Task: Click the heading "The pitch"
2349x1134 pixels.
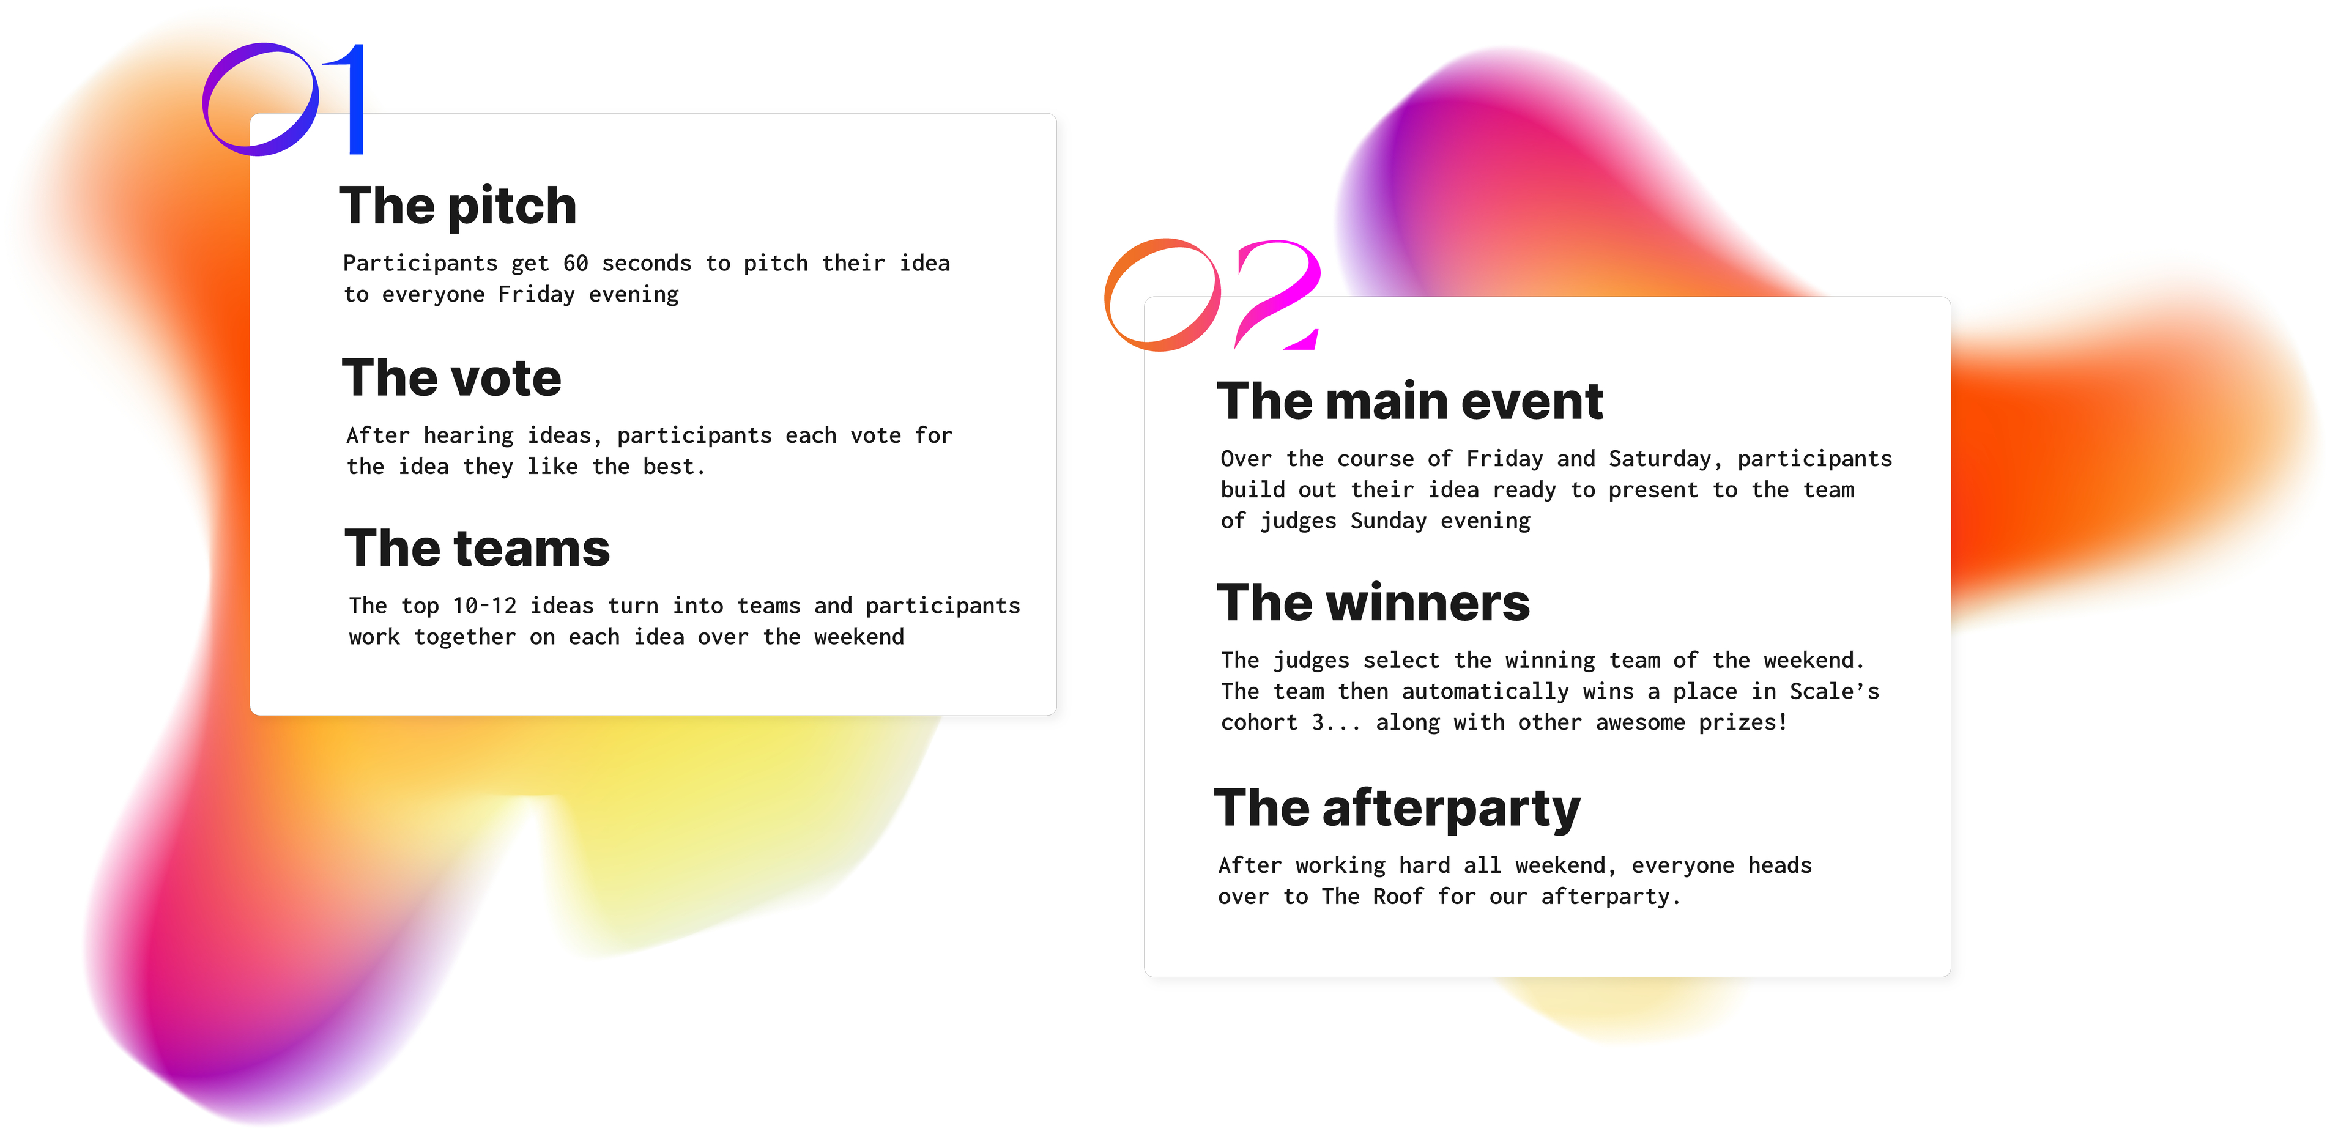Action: (458, 207)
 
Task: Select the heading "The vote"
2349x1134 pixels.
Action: (451, 377)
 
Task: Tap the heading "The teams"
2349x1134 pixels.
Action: (477, 548)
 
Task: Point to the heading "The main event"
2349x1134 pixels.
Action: (1410, 401)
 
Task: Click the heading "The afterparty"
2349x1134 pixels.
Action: (1397, 809)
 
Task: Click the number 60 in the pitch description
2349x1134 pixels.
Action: (576, 264)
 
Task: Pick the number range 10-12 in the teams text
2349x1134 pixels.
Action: (484, 606)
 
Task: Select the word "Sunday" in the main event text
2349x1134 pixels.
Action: (1388, 521)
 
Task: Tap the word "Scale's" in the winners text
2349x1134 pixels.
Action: (1834, 692)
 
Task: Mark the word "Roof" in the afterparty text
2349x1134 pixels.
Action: (1398, 897)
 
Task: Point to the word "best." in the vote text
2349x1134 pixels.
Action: (674, 467)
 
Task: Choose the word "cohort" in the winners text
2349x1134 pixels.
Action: (1260, 723)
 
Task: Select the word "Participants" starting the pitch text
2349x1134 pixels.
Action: (420, 264)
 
